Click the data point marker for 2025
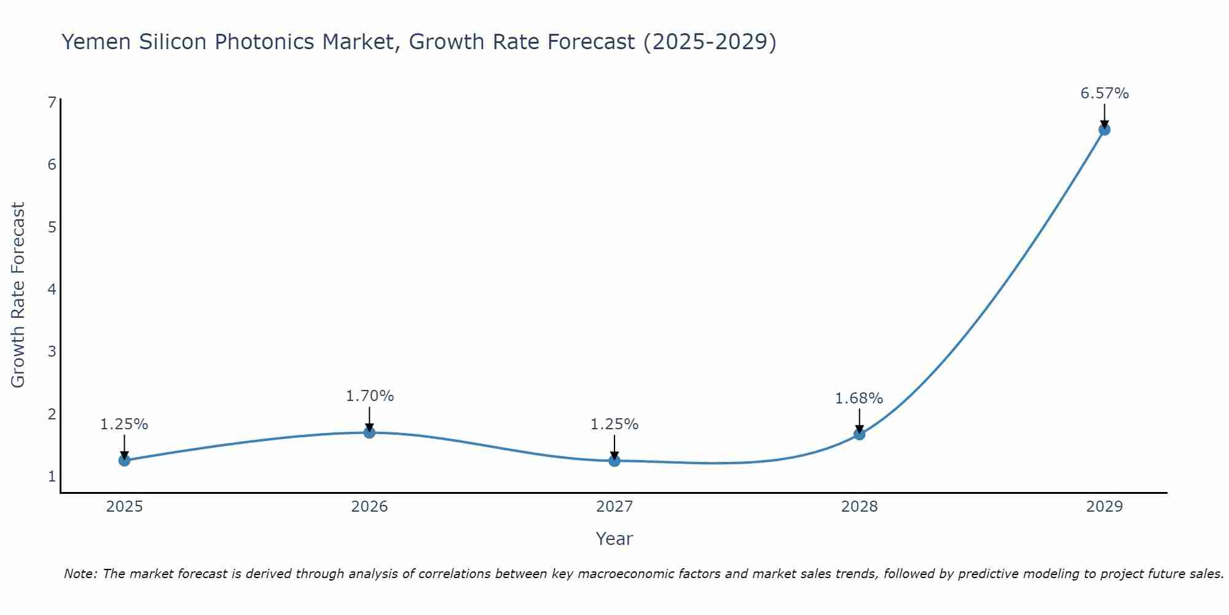[124, 460]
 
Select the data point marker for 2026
[369, 432]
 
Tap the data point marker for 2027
[614, 460]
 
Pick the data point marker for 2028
[859, 434]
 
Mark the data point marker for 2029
[1104, 130]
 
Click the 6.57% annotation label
[1104, 93]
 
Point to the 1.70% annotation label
[369, 396]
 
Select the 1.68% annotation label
[858, 399]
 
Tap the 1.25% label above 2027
[614, 424]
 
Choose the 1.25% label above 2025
[124, 424]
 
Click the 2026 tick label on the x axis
[369, 507]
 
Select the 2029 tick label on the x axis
[1104, 507]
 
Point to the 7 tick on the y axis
[52, 102]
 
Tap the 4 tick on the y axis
[52, 289]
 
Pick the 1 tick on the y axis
[52, 476]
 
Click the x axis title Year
[614, 539]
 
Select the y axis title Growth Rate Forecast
[18, 295]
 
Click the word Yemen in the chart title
[96, 42]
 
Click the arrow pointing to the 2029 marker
[1104, 115]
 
